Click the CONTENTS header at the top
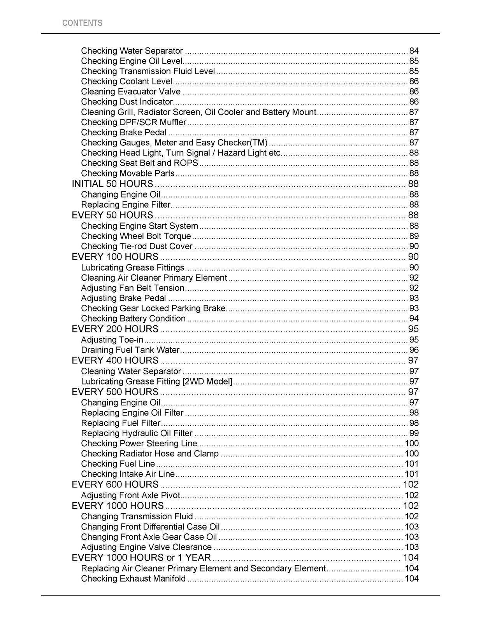point(82,23)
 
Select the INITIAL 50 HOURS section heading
point(112,184)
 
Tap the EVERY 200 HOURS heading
point(115,329)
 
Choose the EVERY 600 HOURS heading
point(115,484)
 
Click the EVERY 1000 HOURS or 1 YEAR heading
point(141,557)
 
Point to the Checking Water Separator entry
point(132,51)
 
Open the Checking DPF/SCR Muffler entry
point(133,122)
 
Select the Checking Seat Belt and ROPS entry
point(139,163)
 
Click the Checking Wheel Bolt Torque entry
point(136,236)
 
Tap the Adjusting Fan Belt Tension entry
point(132,288)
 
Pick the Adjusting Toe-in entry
point(112,340)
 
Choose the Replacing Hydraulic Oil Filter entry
point(137,433)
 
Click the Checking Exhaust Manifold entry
point(133,579)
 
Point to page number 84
point(414,51)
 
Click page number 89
point(414,236)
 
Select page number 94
point(414,319)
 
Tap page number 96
point(414,350)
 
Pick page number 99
point(414,433)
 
